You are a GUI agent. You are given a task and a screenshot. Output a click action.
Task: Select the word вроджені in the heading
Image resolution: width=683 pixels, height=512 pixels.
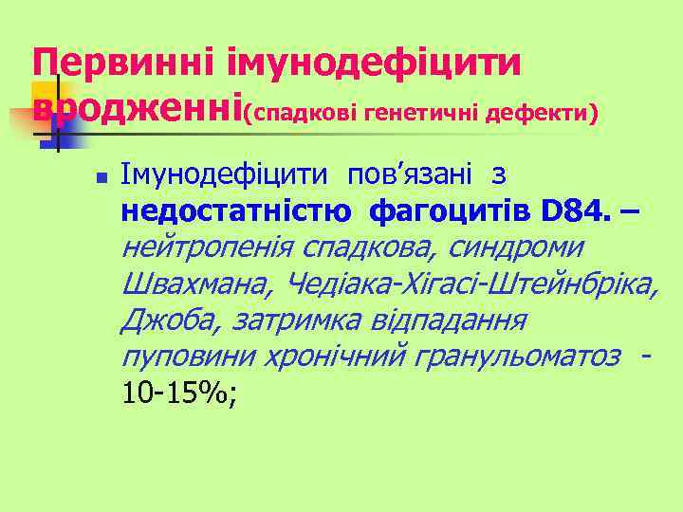[x=138, y=111]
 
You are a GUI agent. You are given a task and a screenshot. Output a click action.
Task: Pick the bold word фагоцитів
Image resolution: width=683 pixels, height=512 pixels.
[x=436, y=210]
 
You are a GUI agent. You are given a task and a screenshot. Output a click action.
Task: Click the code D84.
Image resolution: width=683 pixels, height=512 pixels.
[x=575, y=210]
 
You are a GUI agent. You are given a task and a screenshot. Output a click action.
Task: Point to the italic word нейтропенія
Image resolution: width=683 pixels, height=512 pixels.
[x=209, y=247]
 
